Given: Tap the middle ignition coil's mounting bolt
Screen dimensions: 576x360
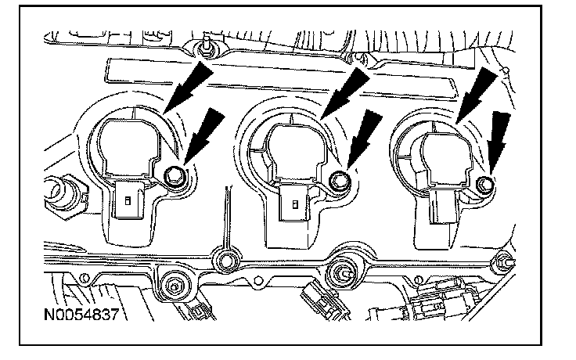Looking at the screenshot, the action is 338,181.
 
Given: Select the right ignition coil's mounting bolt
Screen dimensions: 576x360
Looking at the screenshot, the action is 484,185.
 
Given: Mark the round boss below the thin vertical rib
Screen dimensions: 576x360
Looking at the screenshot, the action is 228,260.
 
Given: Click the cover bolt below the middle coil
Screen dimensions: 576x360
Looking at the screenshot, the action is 342,274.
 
